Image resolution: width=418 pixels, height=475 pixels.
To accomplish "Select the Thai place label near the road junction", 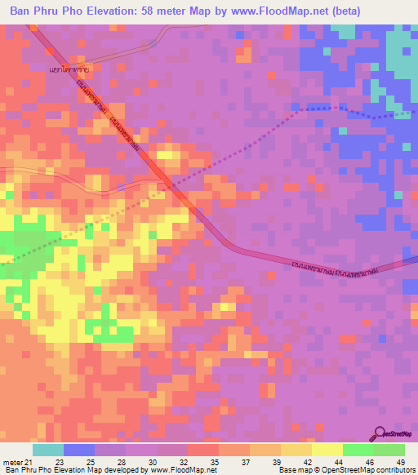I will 69,69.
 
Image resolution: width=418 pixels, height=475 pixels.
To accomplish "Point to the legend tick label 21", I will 29,463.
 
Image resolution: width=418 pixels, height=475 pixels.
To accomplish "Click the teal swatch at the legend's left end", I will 47,450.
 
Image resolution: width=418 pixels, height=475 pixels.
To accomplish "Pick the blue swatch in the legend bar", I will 78,450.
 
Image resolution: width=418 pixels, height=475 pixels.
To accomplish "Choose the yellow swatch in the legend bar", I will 327,450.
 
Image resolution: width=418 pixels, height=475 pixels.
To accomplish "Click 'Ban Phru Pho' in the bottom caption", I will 26,470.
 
